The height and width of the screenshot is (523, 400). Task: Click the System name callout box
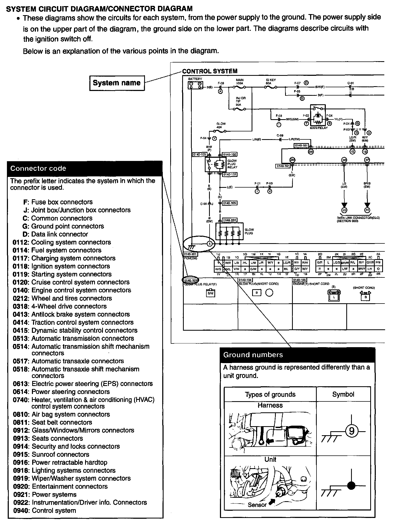[x=117, y=83]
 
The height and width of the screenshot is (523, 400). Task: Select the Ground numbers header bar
[x=298, y=355]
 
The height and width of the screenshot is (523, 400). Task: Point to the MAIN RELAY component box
[x=318, y=115]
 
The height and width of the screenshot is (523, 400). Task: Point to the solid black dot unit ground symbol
[x=351, y=486]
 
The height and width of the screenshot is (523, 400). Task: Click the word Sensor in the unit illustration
[x=257, y=505]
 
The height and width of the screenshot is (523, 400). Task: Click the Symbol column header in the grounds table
[x=343, y=394]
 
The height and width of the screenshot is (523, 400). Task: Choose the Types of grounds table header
[x=270, y=394]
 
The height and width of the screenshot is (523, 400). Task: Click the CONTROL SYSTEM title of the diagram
[x=210, y=71]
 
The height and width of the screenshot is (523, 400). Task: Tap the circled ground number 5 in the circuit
[x=210, y=243]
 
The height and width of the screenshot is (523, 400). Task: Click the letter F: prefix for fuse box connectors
[x=26, y=202]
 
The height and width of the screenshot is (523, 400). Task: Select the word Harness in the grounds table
[x=270, y=405]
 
